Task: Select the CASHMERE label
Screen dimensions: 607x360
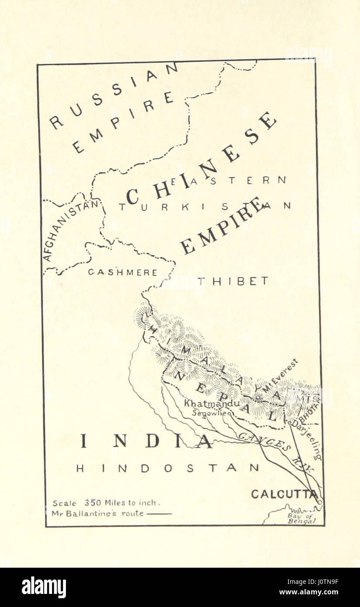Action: point(123,272)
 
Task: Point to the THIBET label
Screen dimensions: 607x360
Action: point(232,281)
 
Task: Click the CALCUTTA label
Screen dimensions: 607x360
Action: point(284,494)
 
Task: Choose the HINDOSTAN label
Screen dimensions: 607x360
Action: point(167,468)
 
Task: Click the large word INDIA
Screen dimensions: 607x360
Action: point(146,441)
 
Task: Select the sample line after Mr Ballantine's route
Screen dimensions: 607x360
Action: point(159,514)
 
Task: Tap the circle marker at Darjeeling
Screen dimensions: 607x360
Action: point(289,422)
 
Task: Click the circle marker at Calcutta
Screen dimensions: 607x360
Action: point(319,502)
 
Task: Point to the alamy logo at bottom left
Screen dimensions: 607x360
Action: point(44,587)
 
